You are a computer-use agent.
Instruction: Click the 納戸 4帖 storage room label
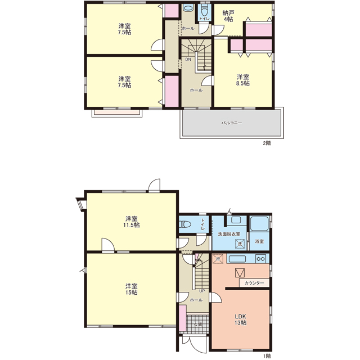tap(228, 16)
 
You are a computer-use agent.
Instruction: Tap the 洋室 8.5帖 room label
tap(243, 80)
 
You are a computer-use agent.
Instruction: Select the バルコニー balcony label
tap(231, 123)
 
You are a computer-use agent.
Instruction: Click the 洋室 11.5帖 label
tap(132, 222)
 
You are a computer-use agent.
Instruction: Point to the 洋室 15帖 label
tap(132, 289)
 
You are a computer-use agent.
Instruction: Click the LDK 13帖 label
tap(240, 319)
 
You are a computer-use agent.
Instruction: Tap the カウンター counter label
tap(254, 283)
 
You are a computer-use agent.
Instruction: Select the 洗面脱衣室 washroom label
tap(229, 234)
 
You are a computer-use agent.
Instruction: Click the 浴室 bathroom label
tap(259, 241)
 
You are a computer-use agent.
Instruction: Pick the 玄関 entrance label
tap(197, 325)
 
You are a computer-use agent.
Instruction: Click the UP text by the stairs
tap(202, 291)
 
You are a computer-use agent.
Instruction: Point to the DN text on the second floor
tap(188, 59)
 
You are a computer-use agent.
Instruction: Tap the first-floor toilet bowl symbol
tap(185, 224)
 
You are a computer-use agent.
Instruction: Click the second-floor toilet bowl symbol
tap(204, 11)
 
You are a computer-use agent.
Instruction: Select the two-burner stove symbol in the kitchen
tap(261, 259)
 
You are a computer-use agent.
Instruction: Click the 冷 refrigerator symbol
tap(218, 259)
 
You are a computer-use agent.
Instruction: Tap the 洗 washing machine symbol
tap(240, 244)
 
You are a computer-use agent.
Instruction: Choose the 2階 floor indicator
tap(267, 143)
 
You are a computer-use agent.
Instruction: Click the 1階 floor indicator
tap(267, 356)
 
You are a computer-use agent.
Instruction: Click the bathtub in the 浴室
tap(259, 223)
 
